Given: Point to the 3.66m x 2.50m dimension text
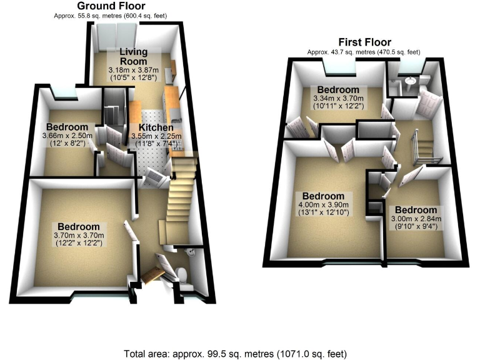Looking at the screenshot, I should pos(67,136).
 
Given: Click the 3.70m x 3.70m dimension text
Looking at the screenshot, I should pos(79,235).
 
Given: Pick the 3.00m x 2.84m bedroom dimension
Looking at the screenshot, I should pos(417,218).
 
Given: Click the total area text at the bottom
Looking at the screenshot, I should pos(239,353).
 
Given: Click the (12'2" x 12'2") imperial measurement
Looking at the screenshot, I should pos(79,243).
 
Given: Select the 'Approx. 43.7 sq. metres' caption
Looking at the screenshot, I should pos(363,52).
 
